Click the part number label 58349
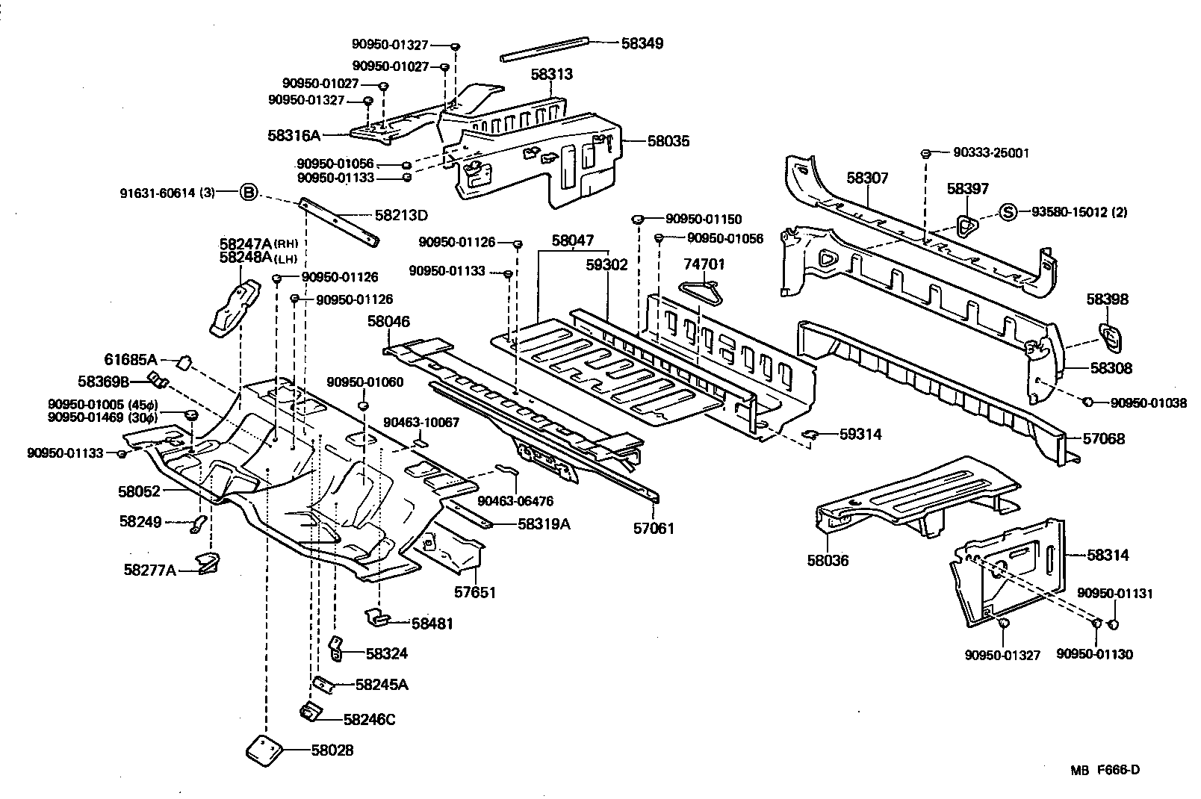pyautogui.click(x=642, y=43)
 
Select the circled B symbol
pyautogui.click(x=248, y=193)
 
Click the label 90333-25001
pyautogui.click(x=991, y=153)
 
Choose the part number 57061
pyautogui.click(x=654, y=529)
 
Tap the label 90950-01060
pyautogui.click(x=364, y=382)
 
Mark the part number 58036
pyautogui.click(x=828, y=560)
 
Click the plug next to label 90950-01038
pyautogui.click(x=1088, y=402)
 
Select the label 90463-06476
pyautogui.click(x=516, y=501)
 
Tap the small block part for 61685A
pyautogui.click(x=183, y=362)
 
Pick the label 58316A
pyautogui.click(x=294, y=135)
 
